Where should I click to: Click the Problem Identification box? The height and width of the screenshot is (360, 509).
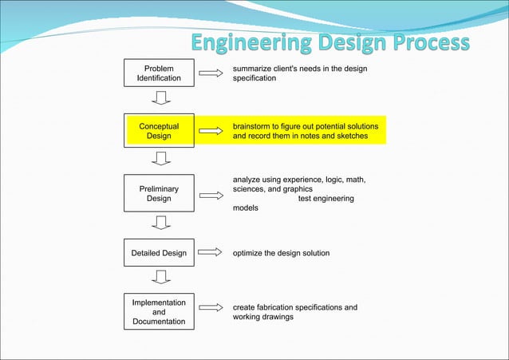pos(159,73)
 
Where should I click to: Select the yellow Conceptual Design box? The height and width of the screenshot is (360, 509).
pos(159,131)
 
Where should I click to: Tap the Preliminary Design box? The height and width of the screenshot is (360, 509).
pos(159,194)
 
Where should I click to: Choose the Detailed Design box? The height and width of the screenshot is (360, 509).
pos(159,253)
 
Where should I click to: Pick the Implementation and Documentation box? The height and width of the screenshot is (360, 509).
pos(159,312)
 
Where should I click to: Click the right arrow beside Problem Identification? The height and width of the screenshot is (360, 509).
pos(210,73)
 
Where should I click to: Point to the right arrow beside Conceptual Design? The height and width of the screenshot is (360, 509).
pos(210,131)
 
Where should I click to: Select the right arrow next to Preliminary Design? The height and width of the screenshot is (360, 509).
pos(210,194)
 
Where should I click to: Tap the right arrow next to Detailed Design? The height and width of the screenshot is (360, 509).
pos(210,253)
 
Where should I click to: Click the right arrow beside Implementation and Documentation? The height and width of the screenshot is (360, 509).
pos(210,308)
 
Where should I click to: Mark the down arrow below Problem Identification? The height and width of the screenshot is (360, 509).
pos(161,98)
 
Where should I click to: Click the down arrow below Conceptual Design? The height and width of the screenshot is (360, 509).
pos(161,158)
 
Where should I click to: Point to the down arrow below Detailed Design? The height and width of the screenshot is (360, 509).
pos(161,277)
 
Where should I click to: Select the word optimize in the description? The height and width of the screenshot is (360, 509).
pos(250,253)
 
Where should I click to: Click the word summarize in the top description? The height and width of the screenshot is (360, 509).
pos(253,69)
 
